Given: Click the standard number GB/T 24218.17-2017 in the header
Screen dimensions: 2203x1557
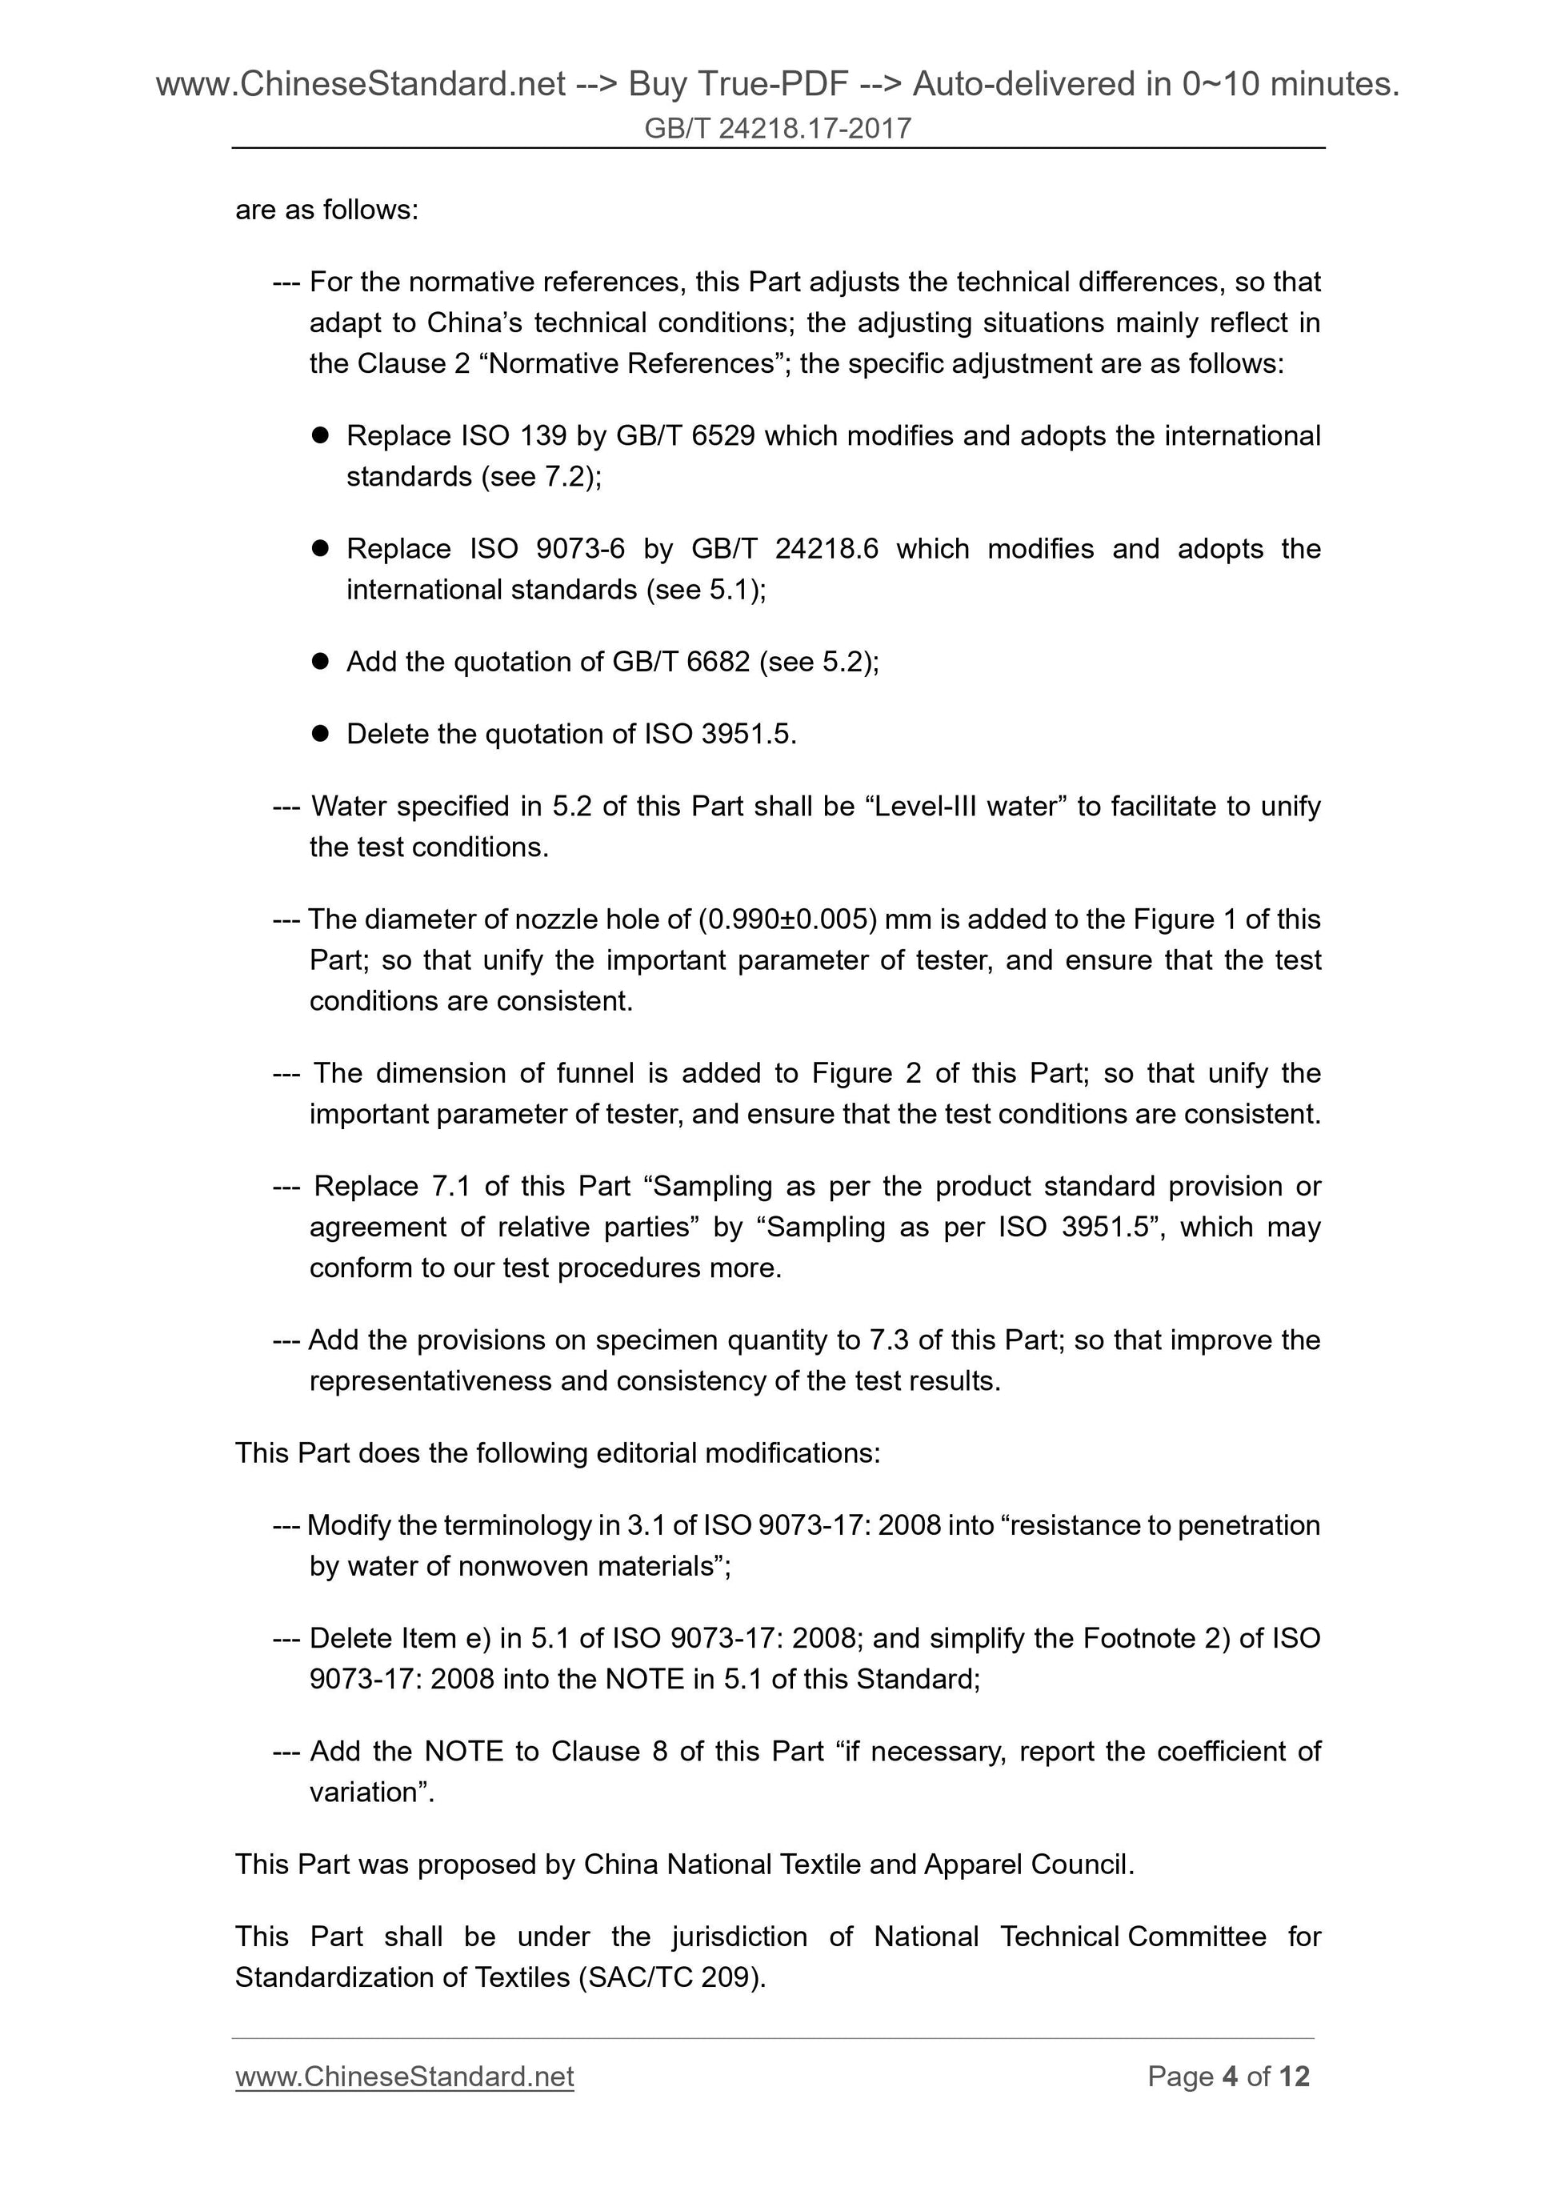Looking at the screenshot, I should tap(777, 127).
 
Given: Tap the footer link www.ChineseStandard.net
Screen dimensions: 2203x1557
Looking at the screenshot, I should tap(404, 2077).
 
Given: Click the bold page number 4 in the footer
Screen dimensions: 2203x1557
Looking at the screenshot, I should tap(1230, 2077).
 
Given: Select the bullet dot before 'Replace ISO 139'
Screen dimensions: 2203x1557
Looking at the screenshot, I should tap(322, 435).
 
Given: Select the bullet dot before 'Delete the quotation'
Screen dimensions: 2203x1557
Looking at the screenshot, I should tap(322, 734).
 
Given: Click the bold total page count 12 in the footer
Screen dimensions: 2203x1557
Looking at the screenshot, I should tap(1293, 2077).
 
